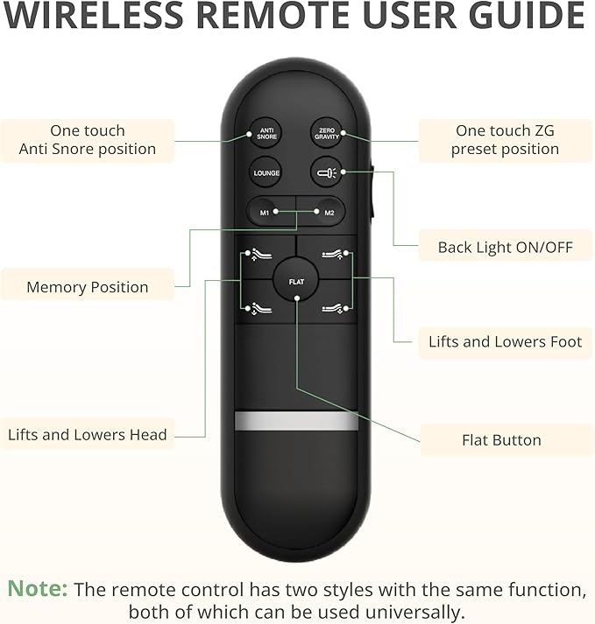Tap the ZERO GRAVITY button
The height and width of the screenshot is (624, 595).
[x=327, y=133]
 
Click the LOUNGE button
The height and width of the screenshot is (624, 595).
[x=266, y=173]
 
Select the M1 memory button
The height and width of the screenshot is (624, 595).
[x=268, y=212]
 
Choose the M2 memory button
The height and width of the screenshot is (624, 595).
[x=322, y=212]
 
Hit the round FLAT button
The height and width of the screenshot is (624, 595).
[x=295, y=280]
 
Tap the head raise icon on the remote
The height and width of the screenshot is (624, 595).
[x=260, y=255]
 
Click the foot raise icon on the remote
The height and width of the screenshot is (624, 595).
[x=333, y=255]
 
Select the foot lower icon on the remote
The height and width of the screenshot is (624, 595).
[x=333, y=308]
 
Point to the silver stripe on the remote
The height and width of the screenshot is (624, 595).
[x=296, y=421]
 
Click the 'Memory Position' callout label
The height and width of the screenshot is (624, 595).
[x=88, y=287]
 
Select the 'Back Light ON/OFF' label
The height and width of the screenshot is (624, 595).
[x=505, y=247]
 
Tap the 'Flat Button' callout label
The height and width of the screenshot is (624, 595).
[x=501, y=440]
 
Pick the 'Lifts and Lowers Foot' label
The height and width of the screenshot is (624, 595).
[x=505, y=342]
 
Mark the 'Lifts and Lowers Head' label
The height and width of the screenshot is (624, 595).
[x=88, y=435]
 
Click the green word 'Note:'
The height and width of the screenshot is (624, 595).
[x=38, y=588]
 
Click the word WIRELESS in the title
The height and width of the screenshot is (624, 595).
[x=93, y=15]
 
